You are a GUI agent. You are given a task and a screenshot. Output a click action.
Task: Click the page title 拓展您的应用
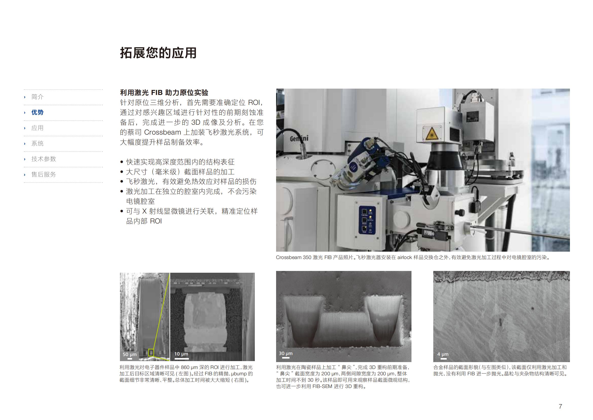pos(158,53)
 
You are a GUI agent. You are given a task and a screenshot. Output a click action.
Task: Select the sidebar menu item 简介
pos(38,97)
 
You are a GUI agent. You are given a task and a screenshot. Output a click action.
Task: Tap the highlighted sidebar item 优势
pos(38,112)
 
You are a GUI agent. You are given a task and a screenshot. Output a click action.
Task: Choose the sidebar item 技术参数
pos(44,159)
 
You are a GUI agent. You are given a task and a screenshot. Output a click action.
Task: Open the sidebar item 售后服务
pos(44,174)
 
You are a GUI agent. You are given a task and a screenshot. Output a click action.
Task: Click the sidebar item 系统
pos(38,143)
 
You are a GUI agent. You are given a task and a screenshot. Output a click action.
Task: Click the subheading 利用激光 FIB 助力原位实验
pos(164,93)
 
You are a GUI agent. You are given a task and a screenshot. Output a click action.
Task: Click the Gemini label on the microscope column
pos(299,138)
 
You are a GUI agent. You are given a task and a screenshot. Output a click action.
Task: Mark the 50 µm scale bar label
pos(130,354)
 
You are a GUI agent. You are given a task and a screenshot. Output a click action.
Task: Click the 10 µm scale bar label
pos(181,354)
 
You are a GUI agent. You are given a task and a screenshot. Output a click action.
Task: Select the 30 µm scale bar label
pos(286,353)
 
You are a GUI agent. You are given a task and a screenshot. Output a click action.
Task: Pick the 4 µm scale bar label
pos(443,354)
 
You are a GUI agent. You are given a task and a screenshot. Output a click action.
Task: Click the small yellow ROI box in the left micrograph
pos(151,352)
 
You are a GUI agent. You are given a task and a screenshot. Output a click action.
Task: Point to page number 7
pos(560,406)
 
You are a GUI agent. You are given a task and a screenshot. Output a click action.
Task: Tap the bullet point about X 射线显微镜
pos(192,216)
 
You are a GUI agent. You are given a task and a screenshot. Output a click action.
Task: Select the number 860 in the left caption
pos(185,367)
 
